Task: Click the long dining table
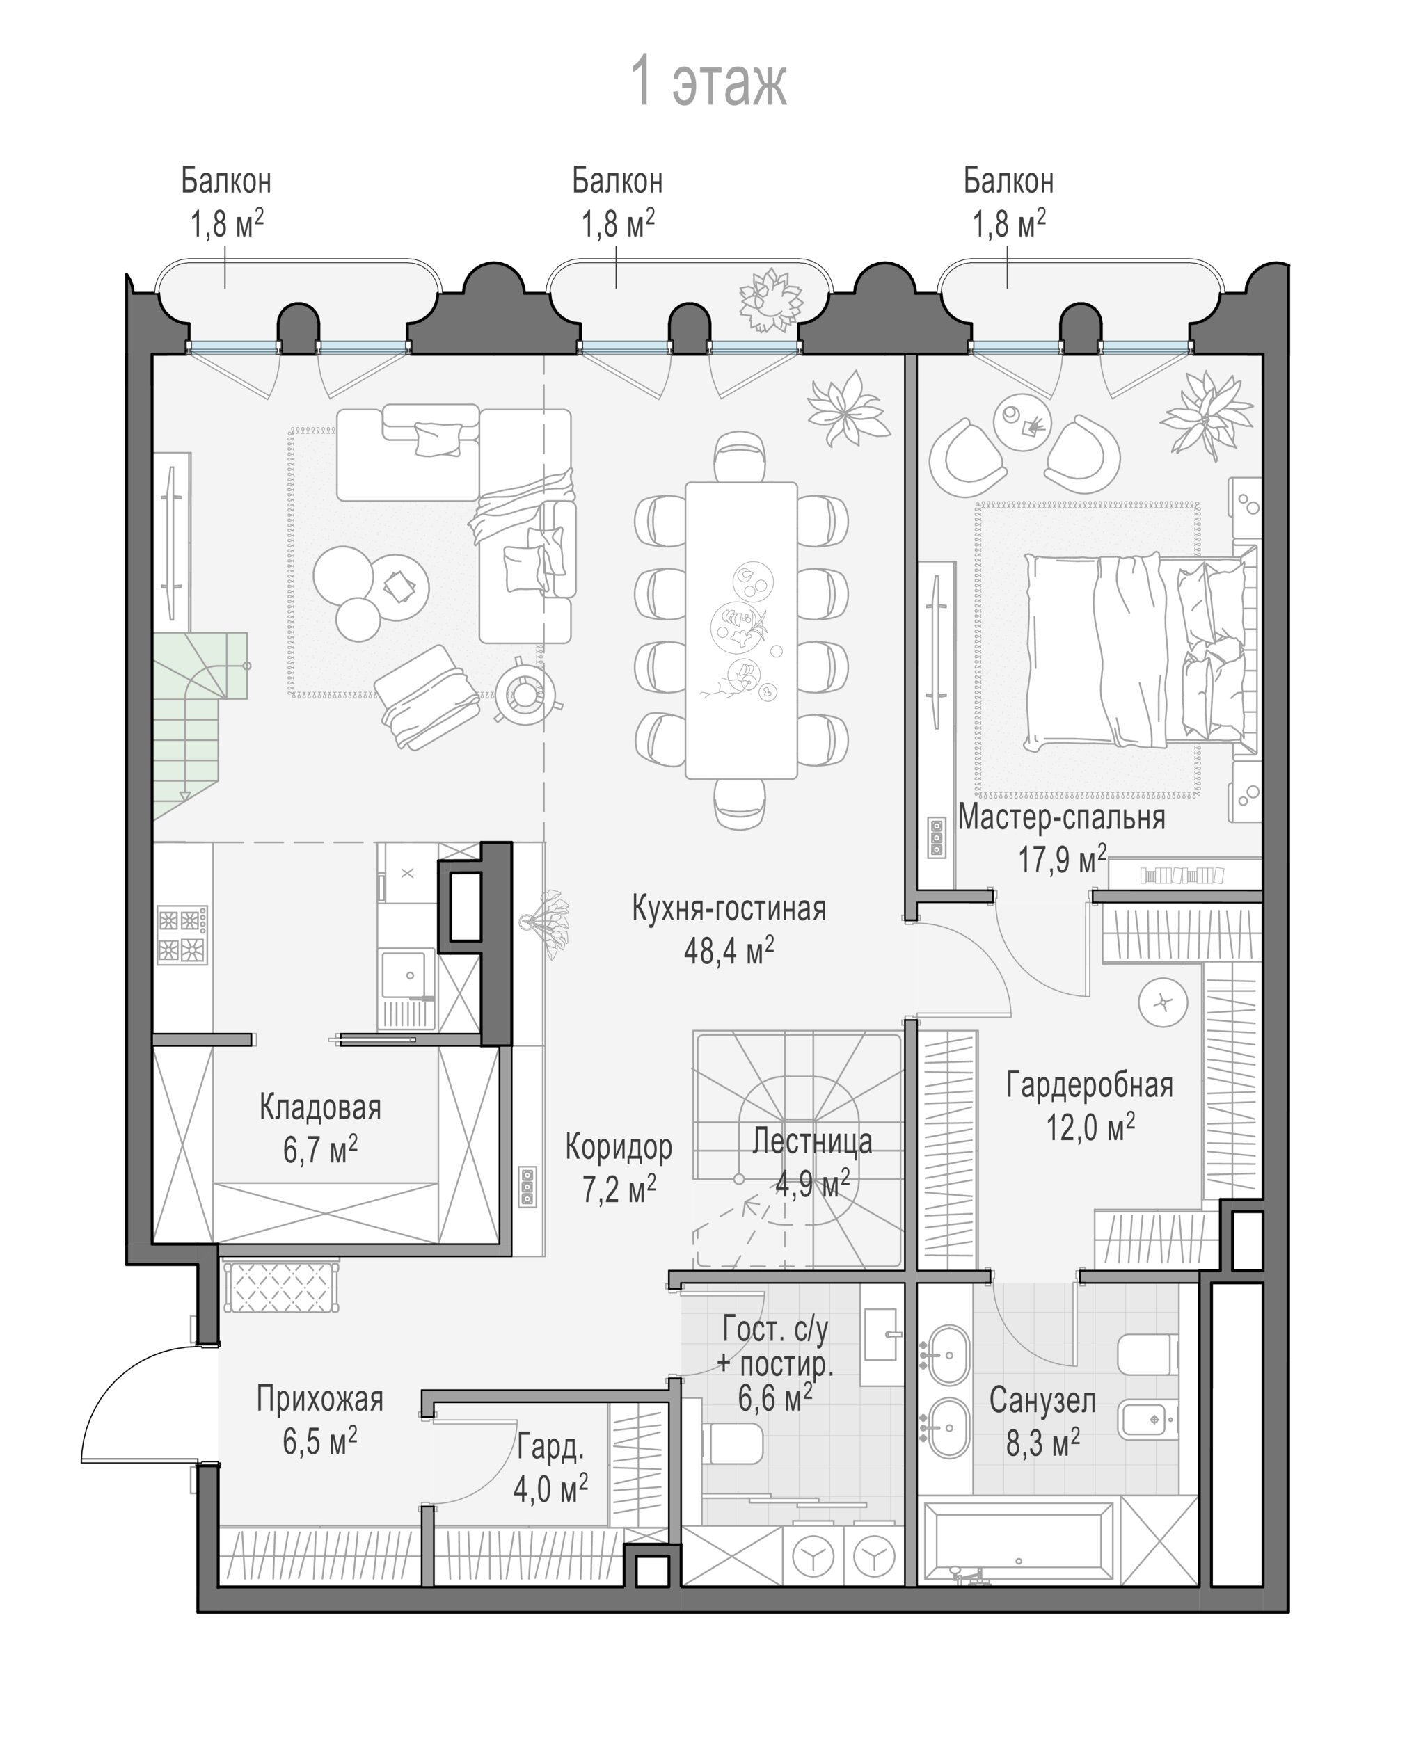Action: (x=741, y=630)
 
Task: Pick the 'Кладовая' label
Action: (x=320, y=1107)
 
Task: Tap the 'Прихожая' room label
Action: (x=319, y=1398)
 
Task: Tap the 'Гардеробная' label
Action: (x=1089, y=1085)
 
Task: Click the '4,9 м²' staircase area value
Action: (x=812, y=1184)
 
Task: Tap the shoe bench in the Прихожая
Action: (x=280, y=1286)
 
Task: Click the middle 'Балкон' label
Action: (x=617, y=181)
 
